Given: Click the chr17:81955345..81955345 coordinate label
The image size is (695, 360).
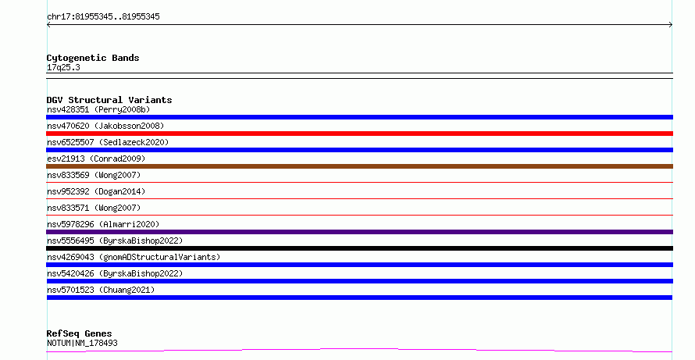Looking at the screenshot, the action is coord(103,17).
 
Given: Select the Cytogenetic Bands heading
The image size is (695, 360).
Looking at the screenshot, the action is coord(93,58).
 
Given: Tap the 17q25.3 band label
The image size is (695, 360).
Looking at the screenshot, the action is coord(63,67).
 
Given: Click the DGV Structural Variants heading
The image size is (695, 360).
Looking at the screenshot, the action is coord(109,100).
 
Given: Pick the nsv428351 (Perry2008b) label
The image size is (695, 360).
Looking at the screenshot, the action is coord(98,109).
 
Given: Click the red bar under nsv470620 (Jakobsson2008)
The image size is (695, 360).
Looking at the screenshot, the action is coord(359,134).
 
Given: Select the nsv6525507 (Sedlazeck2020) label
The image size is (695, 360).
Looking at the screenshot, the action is coord(108,142).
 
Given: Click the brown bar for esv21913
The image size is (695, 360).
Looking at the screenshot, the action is coord(359,166).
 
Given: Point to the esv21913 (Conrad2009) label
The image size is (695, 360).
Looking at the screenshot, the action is coord(96,159).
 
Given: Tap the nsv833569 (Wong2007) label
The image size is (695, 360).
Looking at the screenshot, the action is coord(94,175).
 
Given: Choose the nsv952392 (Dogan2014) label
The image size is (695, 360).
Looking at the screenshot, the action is coord(96,191).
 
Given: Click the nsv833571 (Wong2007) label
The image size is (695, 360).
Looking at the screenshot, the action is coord(94,208).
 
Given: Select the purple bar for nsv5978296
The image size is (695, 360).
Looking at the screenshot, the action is coord(359,232).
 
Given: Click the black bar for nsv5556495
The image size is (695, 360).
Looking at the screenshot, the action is coord(359,248).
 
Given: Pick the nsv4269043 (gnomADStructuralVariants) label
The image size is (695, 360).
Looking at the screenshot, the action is coord(134,257).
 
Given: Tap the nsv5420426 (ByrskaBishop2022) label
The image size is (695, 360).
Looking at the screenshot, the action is coord(115,273).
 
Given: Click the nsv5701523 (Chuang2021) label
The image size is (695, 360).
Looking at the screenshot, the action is coord(101,290).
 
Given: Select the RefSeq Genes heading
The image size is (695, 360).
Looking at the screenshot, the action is coord(79,333).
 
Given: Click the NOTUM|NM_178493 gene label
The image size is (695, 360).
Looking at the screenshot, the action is coord(82,343).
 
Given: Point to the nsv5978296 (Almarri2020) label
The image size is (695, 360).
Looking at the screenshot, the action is coord(103,224).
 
